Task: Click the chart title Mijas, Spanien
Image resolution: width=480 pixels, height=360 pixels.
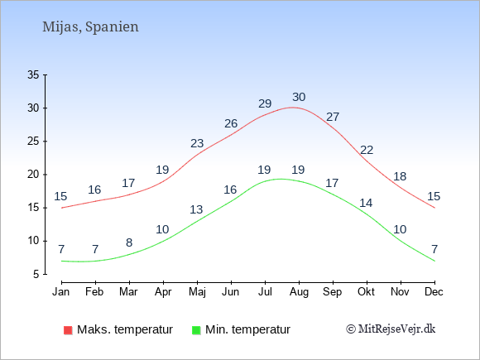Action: (x=90, y=26)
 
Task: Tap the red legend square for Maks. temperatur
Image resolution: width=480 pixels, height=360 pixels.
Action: (x=68, y=330)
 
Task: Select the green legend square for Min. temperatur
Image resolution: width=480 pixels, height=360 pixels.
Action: (x=196, y=330)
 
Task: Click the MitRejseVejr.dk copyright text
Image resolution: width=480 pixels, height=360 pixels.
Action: (x=391, y=329)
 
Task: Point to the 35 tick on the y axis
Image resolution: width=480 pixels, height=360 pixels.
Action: (x=33, y=74)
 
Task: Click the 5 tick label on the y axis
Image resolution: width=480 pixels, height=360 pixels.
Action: (x=36, y=274)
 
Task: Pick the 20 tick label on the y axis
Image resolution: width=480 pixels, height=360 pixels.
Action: (x=33, y=175)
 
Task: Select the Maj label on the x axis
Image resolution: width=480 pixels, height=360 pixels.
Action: (x=197, y=292)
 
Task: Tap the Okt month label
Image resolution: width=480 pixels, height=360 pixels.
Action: (x=366, y=292)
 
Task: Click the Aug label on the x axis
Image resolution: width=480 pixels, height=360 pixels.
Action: (x=299, y=292)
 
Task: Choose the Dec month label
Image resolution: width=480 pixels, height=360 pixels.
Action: (x=434, y=292)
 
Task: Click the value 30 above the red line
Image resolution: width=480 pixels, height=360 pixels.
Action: (x=299, y=97)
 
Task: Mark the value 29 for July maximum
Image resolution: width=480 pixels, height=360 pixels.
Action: (x=265, y=103)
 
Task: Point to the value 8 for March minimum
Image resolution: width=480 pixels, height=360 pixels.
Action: (x=129, y=242)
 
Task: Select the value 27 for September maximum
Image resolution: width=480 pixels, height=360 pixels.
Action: (x=333, y=117)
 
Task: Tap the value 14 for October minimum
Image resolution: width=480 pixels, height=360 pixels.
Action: (x=366, y=203)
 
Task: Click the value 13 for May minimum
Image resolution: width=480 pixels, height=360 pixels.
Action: (x=196, y=209)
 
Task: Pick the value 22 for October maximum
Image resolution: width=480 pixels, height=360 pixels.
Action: (x=367, y=151)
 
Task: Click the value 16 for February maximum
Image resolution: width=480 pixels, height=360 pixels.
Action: (x=94, y=190)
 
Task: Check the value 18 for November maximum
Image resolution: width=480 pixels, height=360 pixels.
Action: (x=400, y=176)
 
